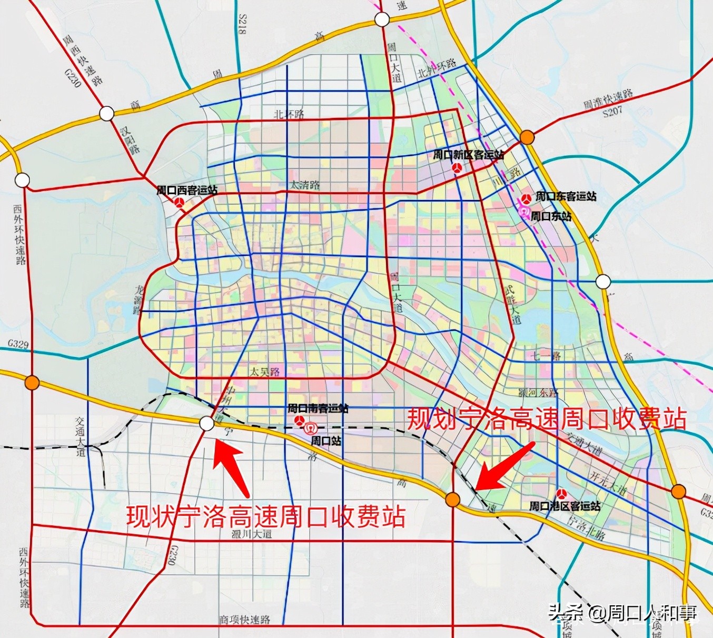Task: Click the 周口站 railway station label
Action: pos(325,441)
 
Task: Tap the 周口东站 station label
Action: pos(551,216)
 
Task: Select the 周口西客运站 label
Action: pos(187,190)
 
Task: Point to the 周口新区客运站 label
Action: pos(468,155)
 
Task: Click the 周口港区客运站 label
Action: pos(565,506)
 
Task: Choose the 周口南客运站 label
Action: pos(318,408)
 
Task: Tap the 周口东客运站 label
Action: pos(566,196)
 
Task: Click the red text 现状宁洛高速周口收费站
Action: pos(266,516)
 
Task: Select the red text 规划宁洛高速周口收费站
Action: pos(547,420)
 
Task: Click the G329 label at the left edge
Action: pos(18,344)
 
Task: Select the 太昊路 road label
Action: pos(264,372)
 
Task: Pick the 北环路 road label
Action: pos(289,114)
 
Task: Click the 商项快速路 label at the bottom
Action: pos(244,620)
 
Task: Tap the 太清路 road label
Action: pos(305,185)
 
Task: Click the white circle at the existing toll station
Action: pos(207,423)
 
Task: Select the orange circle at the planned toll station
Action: pos(452,499)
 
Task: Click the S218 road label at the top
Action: pos(242,25)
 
